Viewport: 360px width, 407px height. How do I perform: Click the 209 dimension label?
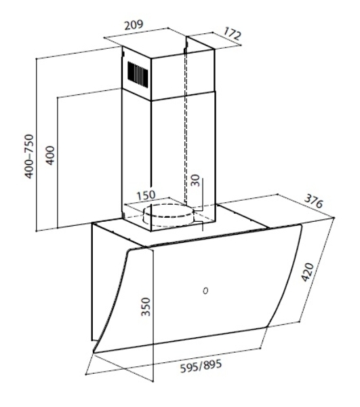134,24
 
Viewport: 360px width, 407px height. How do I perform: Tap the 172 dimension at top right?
232,34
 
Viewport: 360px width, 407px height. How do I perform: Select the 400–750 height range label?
29,156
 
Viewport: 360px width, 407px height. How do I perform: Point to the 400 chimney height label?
50,155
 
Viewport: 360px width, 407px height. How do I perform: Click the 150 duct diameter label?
146,195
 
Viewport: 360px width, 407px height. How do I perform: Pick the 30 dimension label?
195,180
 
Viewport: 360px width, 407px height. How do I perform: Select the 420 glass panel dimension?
308,272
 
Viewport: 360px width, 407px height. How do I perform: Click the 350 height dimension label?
146,307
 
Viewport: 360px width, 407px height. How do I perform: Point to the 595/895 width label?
201,366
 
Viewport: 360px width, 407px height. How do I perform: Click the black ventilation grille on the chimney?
138,73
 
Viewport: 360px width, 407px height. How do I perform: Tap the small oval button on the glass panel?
205,291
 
